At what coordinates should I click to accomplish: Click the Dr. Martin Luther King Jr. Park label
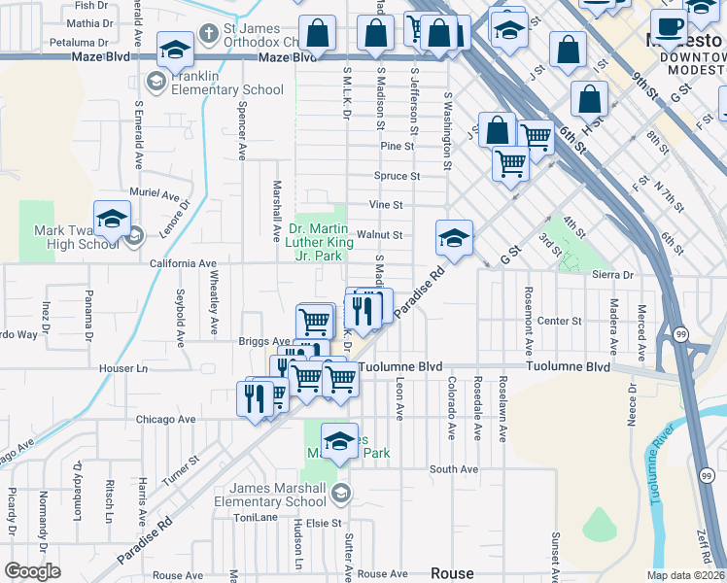pos(317,243)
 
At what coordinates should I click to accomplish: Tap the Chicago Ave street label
pos(166,420)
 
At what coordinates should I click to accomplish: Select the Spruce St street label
pos(398,177)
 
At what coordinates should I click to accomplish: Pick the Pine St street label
pos(398,147)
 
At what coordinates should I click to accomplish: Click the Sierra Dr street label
pos(612,275)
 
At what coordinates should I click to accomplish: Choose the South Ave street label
pos(454,469)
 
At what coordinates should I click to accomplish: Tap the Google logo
pos(32,571)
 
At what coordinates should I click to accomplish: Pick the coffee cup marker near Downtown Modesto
pos(668,29)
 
